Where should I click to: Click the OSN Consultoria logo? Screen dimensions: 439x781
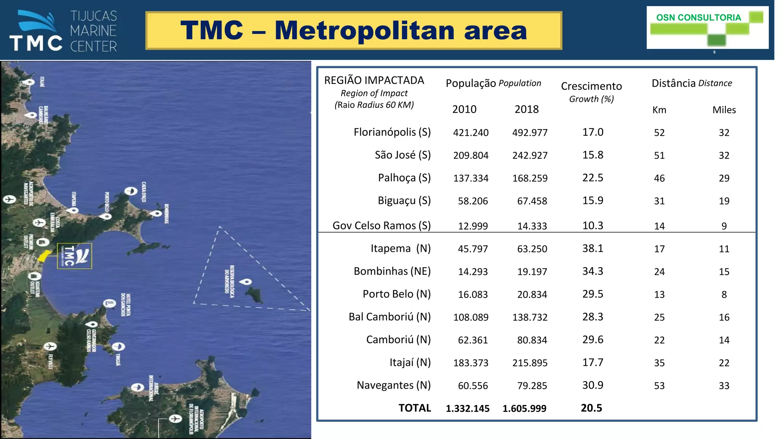tap(707, 27)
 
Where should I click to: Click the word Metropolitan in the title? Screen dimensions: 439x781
tap(365, 30)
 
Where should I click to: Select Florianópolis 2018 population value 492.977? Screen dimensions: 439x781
tap(530, 133)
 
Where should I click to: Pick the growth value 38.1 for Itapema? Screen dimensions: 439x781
tap(593, 248)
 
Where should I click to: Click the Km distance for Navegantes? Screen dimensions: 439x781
tap(659, 386)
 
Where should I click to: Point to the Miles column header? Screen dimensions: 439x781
tap(724, 110)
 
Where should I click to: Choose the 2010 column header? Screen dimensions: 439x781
tap(464, 109)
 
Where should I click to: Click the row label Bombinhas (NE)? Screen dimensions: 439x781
tap(392, 271)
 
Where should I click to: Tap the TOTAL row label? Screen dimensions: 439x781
tap(415, 408)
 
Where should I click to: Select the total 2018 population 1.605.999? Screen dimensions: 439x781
tap(524, 409)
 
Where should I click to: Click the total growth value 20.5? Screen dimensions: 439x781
tap(591, 408)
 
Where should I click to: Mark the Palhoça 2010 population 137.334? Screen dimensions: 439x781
tap(471, 178)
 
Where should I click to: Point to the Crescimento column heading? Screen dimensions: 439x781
tap(591, 86)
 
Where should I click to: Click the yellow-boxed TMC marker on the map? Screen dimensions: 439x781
tap(74, 256)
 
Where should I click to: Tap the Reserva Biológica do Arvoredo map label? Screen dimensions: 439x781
tap(229, 279)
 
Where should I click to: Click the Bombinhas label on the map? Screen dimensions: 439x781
tap(167, 214)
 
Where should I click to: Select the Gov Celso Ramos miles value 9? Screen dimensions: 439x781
tap(724, 226)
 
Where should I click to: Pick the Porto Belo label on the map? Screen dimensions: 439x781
tap(107, 202)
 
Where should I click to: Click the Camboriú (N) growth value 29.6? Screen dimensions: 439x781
tap(593, 340)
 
